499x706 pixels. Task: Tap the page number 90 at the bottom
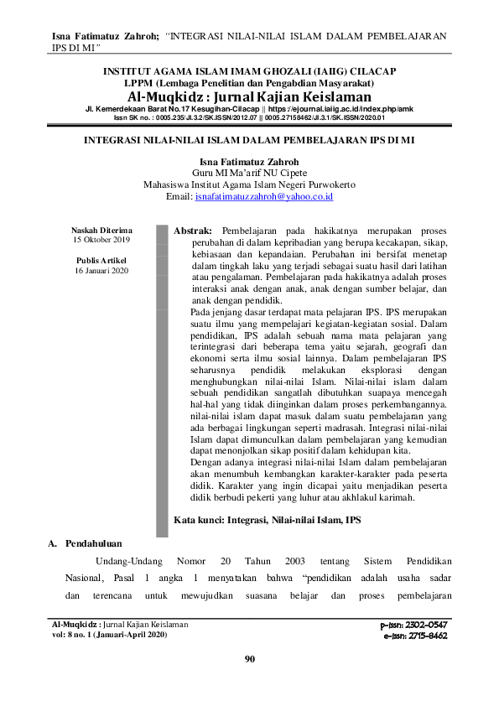click(x=249, y=658)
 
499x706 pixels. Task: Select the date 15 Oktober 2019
click(x=102, y=240)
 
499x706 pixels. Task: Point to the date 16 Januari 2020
click(x=102, y=271)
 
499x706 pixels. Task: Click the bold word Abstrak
click(x=193, y=229)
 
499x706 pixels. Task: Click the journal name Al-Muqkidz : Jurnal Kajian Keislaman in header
click(x=249, y=97)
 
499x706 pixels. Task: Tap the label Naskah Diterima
click(x=102, y=230)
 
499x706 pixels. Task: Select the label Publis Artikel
click(x=102, y=261)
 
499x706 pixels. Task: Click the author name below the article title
click(x=249, y=161)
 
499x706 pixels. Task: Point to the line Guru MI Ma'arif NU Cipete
click(x=249, y=173)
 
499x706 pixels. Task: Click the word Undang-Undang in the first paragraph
click(x=126, y=559)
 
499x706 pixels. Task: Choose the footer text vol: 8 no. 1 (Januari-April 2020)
click(x=109, y=635)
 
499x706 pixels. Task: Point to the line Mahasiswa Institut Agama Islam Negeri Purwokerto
click(x=249, y=184)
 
